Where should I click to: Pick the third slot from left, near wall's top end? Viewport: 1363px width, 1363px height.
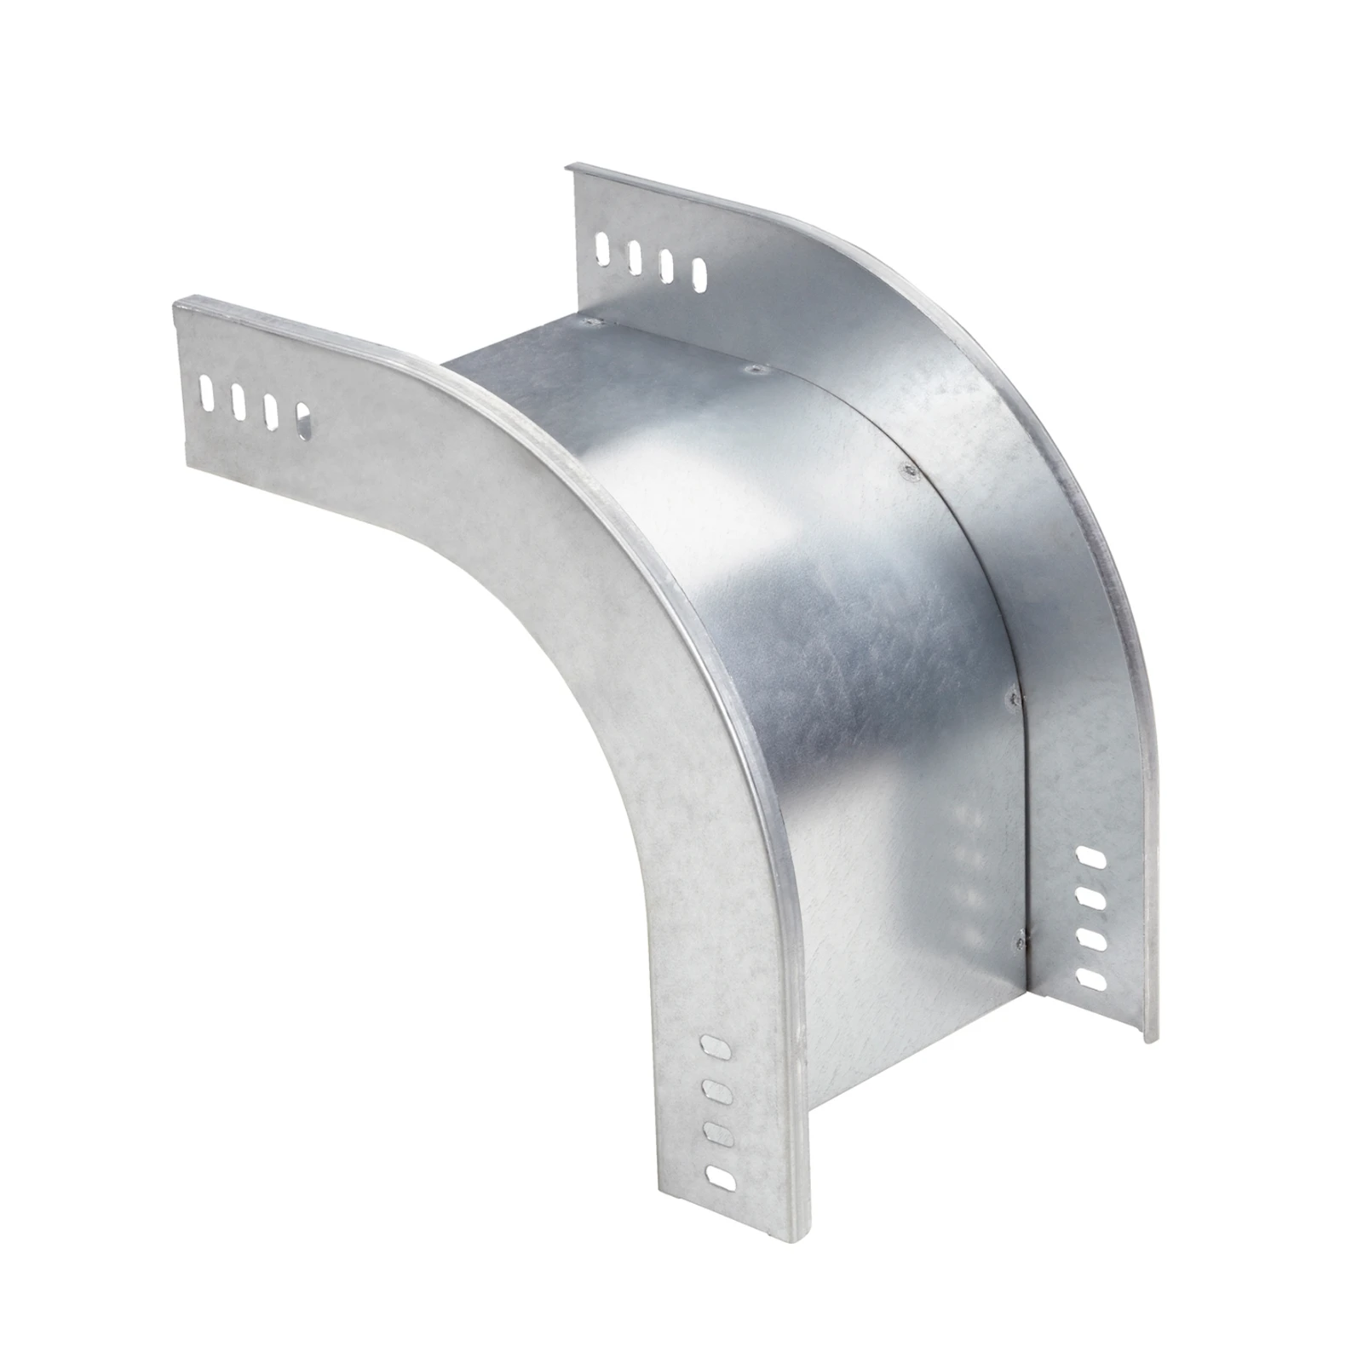click(x=271, y=411)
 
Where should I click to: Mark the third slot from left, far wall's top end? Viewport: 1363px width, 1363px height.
click(x=667, y=267)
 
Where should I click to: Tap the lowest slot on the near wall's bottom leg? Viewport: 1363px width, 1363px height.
click(x=721, y=1178)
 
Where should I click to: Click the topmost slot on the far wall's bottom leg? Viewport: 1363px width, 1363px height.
click(x=1090, y=855)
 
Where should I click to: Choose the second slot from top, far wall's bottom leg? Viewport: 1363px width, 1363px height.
click(x=1090, y=896)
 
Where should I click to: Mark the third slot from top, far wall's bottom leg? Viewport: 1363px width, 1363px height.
click(x=1089, y=938)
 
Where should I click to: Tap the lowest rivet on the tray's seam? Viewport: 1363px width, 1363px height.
click(x=1015, y=941)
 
